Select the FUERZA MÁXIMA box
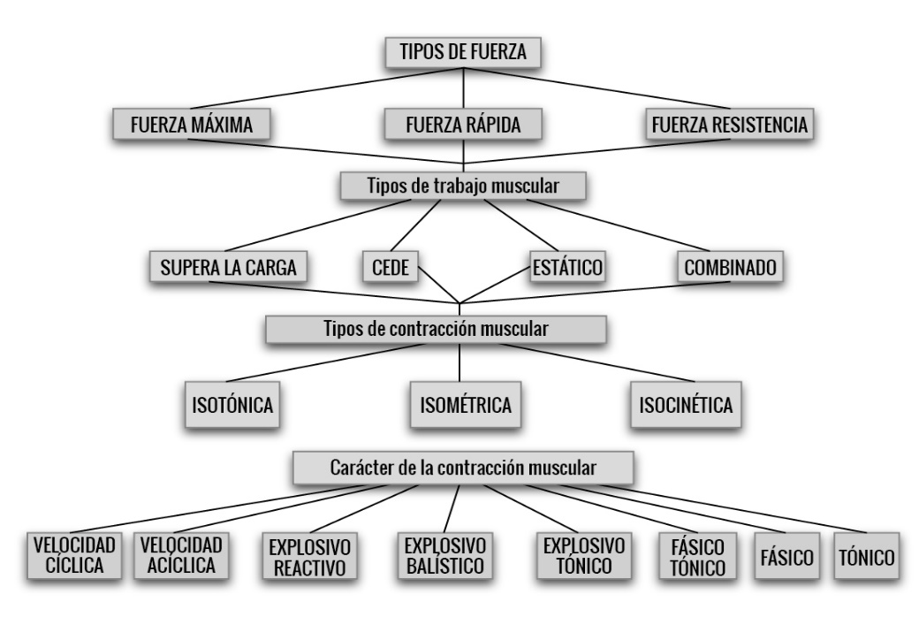click(190, 125)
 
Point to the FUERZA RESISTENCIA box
click(726, 125)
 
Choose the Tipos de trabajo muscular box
click(464, 186)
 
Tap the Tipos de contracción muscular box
click(436, 330)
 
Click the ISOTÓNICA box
click(231, 406)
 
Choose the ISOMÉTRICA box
click(465, 406)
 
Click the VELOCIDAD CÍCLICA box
click(74, 554)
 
